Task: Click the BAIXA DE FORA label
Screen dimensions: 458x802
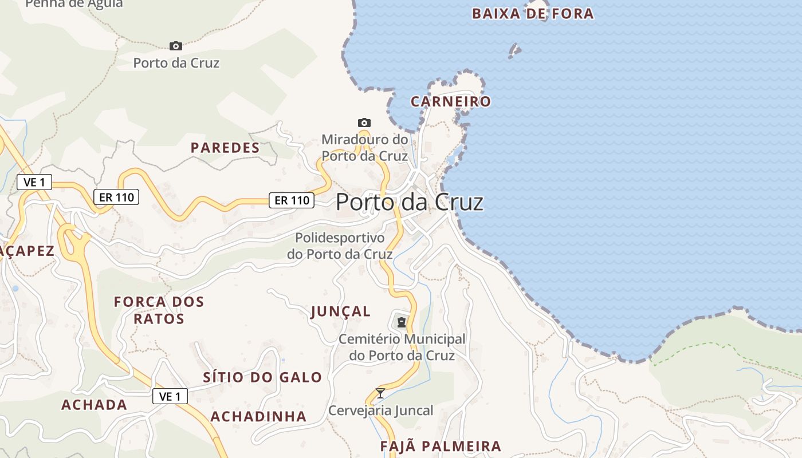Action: click(533, 14)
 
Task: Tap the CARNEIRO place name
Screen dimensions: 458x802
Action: click(451, 102)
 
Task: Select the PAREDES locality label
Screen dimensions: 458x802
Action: click(225, 148)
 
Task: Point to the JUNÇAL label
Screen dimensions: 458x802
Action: click(341, 311)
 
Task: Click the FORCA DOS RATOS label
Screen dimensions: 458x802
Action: click(159, 310)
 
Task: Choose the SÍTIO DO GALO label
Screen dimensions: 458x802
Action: click(262, 377)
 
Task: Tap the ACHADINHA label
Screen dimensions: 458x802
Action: click(258, 416)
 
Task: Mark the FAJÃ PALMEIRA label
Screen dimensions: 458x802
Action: click(441, 446)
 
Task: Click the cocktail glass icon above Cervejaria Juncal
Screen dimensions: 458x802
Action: click(380, 393)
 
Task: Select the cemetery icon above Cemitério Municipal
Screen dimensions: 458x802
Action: click(402, 322)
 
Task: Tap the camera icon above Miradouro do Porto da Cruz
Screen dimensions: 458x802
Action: click(364, 123)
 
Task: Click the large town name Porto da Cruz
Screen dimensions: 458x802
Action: click(410, 202)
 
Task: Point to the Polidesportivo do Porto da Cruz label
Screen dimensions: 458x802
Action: click(340, 246)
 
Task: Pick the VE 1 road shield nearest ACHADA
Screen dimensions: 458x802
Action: click(170, 396)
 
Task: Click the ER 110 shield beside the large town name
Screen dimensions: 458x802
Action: click(292, 200)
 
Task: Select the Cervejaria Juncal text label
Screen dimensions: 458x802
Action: click(380, 410)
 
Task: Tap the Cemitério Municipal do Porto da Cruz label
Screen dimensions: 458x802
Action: click(402, 347)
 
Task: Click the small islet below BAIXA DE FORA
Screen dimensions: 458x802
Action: click(515, 51)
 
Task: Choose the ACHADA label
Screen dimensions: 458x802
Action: click(94, 405)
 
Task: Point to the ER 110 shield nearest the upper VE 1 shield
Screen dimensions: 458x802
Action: click(116, 197)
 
